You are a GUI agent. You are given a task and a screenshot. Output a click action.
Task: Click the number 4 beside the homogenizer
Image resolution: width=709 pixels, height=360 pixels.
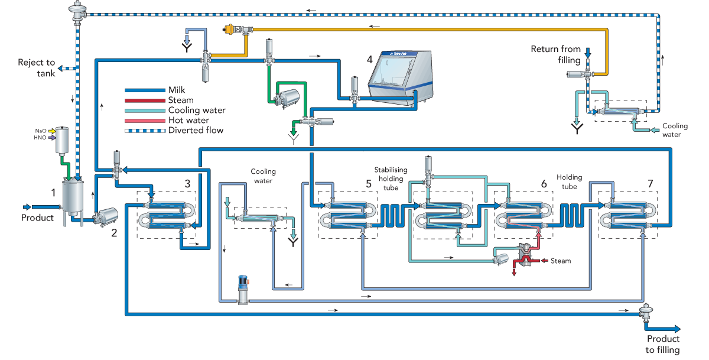(x=370, y=59)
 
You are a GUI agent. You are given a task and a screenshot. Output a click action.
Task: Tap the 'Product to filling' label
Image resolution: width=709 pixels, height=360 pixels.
(x=663, y=344)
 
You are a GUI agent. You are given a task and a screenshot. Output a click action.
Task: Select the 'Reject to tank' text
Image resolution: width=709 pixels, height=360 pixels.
(x=37, y=68)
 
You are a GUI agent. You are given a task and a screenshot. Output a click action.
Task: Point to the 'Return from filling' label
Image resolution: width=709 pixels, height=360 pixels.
(x=556, y=54)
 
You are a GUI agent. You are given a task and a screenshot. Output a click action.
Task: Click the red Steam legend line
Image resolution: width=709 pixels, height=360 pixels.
(x=145, y=100)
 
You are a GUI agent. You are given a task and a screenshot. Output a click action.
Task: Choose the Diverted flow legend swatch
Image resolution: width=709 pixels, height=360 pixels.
(x=145, y=131)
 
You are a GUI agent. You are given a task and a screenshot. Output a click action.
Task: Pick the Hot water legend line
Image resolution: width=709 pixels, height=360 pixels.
(x=145, y=121)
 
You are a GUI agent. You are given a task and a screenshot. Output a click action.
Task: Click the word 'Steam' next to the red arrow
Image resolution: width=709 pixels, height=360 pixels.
(x=561, y=261)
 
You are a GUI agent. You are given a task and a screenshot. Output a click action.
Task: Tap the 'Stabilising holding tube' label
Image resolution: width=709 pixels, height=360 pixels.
(x=391, y=179)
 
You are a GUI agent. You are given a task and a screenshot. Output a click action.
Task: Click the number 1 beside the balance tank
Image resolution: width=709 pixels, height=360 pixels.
(x=54, y=193)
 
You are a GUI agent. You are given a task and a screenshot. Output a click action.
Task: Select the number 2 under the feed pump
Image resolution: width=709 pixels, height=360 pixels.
(x=114, y=233)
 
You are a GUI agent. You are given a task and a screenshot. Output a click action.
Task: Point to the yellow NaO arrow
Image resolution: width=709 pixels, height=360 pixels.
(x=52, y=131)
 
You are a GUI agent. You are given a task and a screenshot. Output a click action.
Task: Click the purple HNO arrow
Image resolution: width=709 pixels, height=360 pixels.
(x=52, y=138)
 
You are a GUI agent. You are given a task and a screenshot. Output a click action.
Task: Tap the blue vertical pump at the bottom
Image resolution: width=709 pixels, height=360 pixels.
(x=243, y=290)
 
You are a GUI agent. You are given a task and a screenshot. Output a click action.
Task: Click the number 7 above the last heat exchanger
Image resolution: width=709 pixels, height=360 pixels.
(x=650, y=184)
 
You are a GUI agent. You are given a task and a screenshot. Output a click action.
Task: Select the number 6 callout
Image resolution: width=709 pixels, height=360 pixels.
(x=544, y=184)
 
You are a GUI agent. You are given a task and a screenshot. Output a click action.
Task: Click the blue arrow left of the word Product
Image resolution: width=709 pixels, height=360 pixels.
(x=27, y=207)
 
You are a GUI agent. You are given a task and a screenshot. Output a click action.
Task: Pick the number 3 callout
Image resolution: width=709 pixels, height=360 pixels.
(x=187, y=184)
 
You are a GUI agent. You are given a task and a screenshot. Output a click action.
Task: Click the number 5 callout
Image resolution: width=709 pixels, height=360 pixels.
(x=369, y=184)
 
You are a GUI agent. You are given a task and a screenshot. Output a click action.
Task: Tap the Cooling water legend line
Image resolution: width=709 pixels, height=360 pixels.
(x=145, y=111)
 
